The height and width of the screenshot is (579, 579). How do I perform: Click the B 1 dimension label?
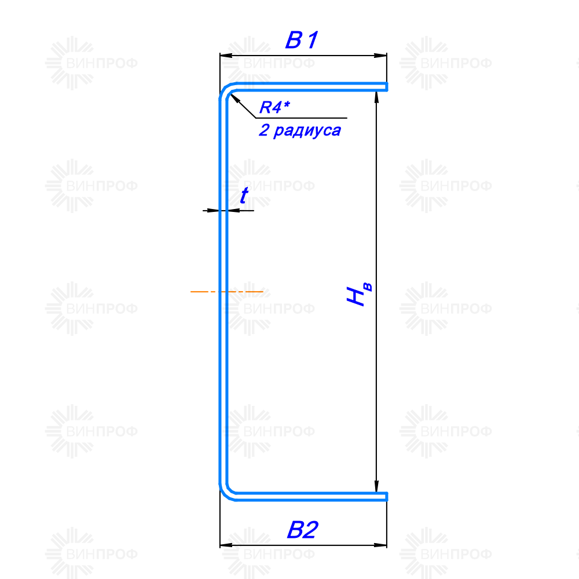302,40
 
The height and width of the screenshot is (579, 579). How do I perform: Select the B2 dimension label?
302,530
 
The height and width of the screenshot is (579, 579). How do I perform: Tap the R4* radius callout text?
274,107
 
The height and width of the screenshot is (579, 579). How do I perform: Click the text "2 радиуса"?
300,130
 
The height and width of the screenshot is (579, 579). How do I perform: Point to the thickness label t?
244,195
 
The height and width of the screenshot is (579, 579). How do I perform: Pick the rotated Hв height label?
360,294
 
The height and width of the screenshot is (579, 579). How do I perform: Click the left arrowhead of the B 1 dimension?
226,56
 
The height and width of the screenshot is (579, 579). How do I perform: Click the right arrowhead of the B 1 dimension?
381,56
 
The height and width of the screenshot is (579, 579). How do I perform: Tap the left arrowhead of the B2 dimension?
226,545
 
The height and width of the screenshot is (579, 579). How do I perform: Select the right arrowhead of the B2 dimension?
381,545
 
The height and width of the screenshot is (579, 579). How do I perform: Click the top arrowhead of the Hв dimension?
376,97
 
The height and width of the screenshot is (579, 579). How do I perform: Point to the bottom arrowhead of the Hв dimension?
376,486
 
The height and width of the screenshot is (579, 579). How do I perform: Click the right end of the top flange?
386,87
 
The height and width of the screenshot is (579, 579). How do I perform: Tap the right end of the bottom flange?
386,497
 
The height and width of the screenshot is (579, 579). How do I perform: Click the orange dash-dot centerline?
227,292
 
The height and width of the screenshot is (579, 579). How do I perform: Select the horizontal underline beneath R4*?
301,118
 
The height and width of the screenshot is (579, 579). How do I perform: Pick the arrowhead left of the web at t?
214,211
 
